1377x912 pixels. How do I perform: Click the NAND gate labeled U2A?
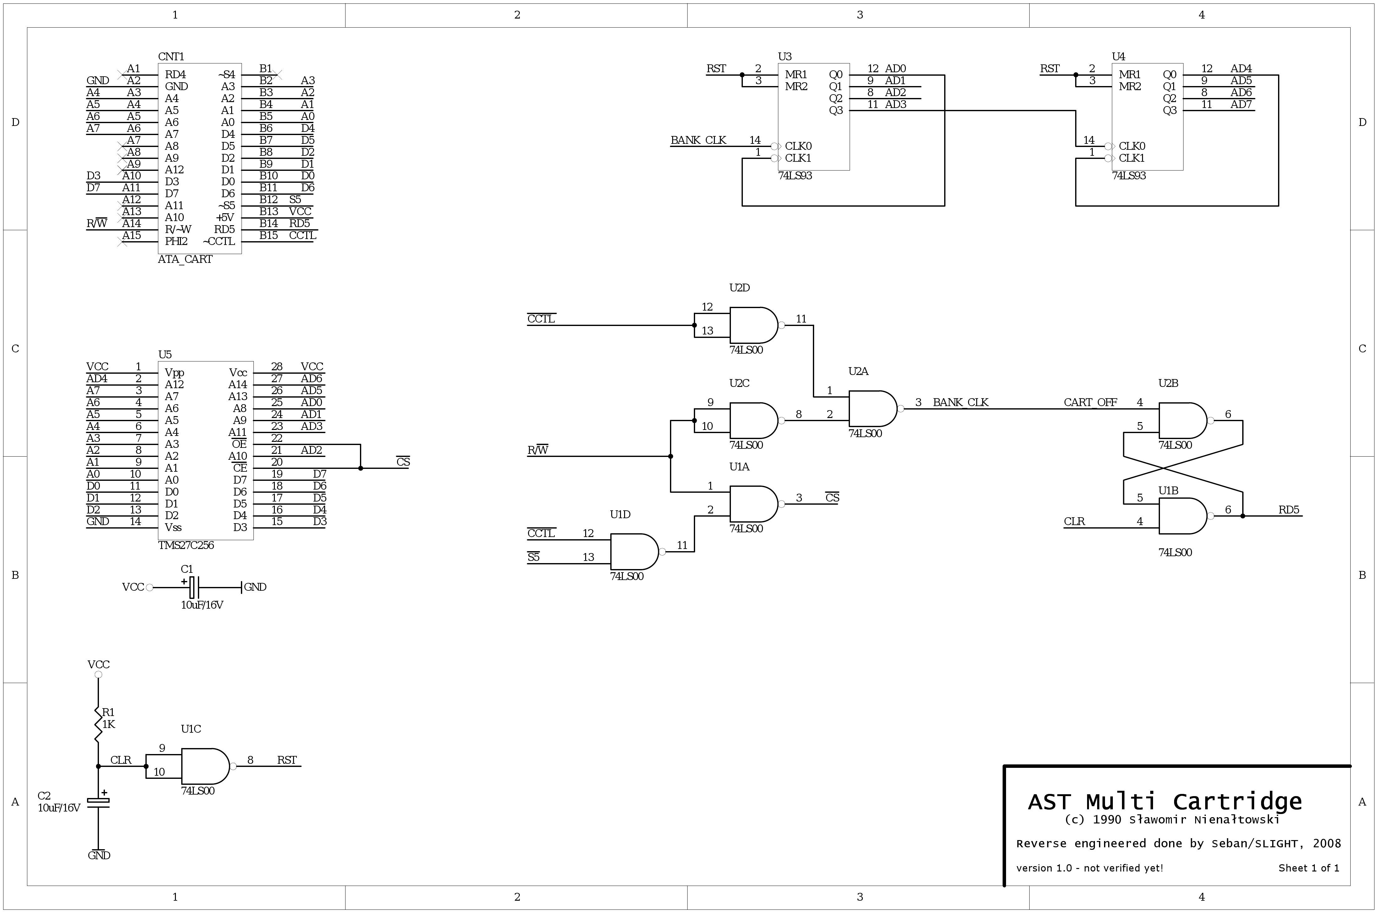tap(873, 409)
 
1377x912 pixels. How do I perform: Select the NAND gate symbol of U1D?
tap(634, 551)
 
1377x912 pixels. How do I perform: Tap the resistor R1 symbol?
tap(98, 724)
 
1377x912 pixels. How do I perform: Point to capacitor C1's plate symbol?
tap(194, 588)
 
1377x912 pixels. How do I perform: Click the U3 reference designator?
tap(785, 57)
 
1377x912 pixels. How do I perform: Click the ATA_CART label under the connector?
tap(185, 259)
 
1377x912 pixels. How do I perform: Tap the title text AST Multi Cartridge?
tap(1165, 801)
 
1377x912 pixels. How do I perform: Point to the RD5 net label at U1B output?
tap(1288, 510)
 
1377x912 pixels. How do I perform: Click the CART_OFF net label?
tap(1090, 403)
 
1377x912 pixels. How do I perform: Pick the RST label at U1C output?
tap(287, 760)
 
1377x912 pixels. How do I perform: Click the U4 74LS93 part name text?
tap(1129, 176)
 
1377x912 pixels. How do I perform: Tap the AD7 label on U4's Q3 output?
tap(1241, 105)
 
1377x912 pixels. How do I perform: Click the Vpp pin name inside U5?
tap(175, 373)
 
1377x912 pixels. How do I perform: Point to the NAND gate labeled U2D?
tap(754, 325)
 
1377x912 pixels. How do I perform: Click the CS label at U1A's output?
tap(832, 498)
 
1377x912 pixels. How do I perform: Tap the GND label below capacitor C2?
tap(99, 855)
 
